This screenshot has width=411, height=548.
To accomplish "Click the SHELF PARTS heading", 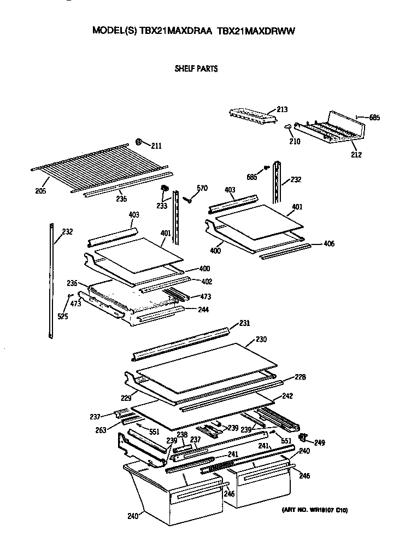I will point(196,69).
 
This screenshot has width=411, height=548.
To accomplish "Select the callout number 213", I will point(282,110).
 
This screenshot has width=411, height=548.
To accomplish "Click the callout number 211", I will point(156,145).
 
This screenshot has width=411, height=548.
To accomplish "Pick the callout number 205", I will point(40,191).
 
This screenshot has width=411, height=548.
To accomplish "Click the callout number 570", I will point(202,189).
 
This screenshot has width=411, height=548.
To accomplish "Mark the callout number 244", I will point(203,310).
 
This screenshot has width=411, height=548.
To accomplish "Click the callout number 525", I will point(63,316).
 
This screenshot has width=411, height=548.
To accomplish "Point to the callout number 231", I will point(244,323).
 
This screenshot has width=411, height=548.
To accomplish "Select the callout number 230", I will point(261,340).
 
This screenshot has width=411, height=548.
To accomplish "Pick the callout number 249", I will point(320,442).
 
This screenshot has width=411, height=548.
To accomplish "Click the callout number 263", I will point(100,429).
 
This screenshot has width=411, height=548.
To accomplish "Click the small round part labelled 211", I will point(139,143).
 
